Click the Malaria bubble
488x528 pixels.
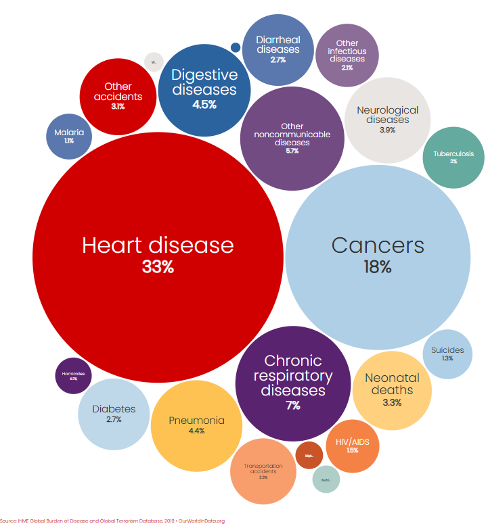[69, 137]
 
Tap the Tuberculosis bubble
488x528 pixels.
[453, 158]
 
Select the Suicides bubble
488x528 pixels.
[447, 354]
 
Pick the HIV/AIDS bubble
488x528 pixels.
[352, 446]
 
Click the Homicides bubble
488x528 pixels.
[73, 376]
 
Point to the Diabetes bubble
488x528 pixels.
[114, 414]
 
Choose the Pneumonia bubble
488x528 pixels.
[196, 425]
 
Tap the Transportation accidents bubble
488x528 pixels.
[263, 471]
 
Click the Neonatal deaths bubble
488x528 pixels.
[392, 390]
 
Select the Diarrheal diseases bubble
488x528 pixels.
[278, 49]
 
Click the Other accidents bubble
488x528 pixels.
[118, 95]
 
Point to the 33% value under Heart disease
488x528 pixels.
[158, 267]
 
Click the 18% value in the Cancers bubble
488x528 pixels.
[378, 267]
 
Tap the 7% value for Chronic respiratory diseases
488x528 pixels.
[293, 406]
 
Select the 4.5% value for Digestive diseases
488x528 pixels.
[204, 104]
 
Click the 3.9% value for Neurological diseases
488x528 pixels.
[387, 130]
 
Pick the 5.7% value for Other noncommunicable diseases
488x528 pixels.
[292, 151]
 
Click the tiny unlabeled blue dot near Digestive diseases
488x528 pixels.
[236, 47]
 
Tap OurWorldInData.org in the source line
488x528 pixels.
[201, 521]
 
